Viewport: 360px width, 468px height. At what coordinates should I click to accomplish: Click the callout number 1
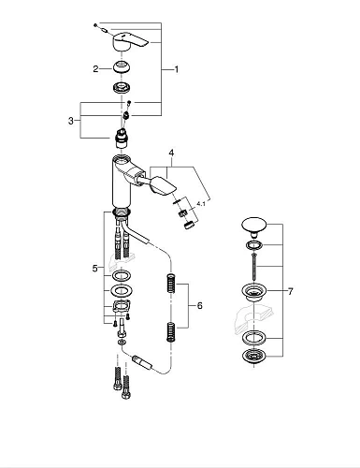pyautogui.click(x=176, y=69)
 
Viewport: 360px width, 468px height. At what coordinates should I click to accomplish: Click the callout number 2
pyautogui.click(x=94, y=68)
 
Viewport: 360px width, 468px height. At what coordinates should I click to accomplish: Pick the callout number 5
pyautogui.click(x=94, y=269)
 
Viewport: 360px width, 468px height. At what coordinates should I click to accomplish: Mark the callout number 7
pyautogui.click(x=291, y=291)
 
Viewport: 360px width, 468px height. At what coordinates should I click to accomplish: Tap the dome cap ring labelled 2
pyautogui.click(x=121, y=68)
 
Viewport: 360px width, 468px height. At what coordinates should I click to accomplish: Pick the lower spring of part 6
pyautogui.click(x=170, y=331)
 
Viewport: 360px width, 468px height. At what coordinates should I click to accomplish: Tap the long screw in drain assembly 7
pyautogui.click(x=254, y=263)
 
